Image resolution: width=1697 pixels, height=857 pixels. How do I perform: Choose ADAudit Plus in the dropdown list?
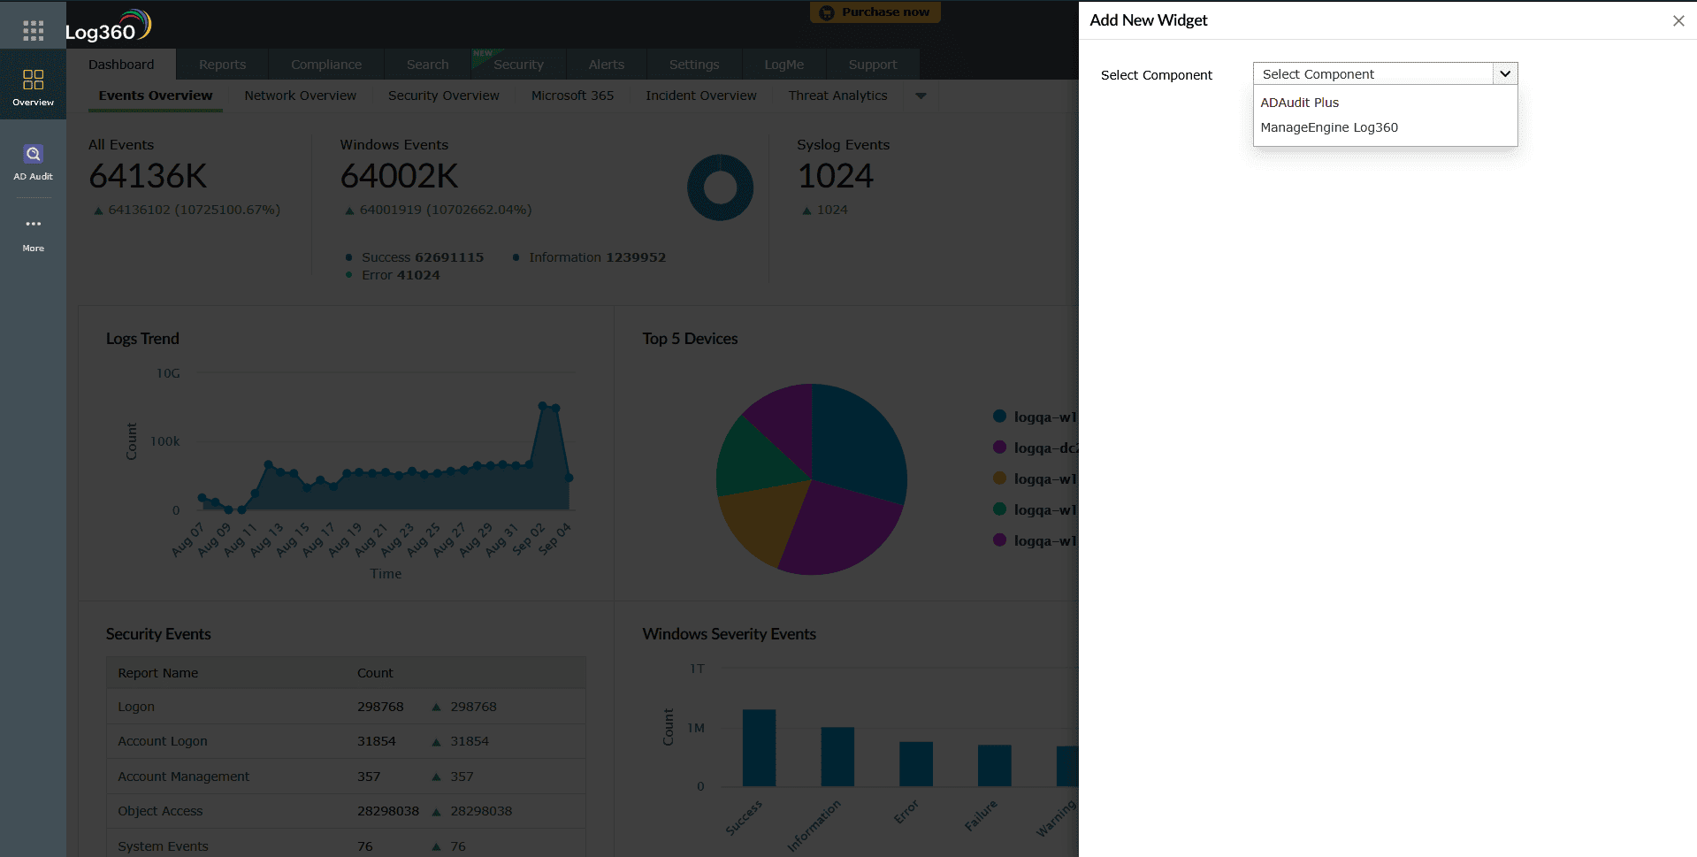tap(1299, 103)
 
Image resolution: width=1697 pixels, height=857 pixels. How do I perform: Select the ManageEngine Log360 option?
tap(1328, 127)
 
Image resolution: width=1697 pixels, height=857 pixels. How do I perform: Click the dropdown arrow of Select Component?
tap(1504, 74)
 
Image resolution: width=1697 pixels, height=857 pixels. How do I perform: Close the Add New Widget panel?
tap(1678, 21)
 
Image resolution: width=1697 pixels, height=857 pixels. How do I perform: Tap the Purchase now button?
tap(875, 12)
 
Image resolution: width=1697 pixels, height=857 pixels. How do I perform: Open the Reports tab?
tap(222, 65)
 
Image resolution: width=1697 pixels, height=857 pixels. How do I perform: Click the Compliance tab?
tap(325, 65)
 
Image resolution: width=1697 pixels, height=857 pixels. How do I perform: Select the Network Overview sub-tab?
tap(300, 96)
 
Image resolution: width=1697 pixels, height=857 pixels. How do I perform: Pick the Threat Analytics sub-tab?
tap(837, 96)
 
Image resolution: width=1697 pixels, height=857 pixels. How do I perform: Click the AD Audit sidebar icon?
tap(33, 162)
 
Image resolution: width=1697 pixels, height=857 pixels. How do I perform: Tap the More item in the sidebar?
tap(33, 233)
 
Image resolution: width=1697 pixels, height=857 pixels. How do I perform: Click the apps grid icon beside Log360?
tap(33, 31)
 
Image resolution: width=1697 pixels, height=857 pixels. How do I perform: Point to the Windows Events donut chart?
tap(720, 187)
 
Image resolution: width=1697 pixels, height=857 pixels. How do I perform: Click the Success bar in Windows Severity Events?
tap(759, 747)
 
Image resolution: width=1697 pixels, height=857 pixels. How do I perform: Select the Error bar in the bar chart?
tap(915, 763)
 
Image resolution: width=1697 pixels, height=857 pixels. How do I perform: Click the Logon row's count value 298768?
tap(380, 707)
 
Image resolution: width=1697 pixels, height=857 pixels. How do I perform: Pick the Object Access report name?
tap(160, 811)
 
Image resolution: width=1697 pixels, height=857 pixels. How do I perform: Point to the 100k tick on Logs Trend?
tap(164, 441)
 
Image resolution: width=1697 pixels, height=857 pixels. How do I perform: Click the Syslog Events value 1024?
tap(835, 176)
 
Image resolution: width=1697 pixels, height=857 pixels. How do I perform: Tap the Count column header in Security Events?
tap(375, 673)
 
